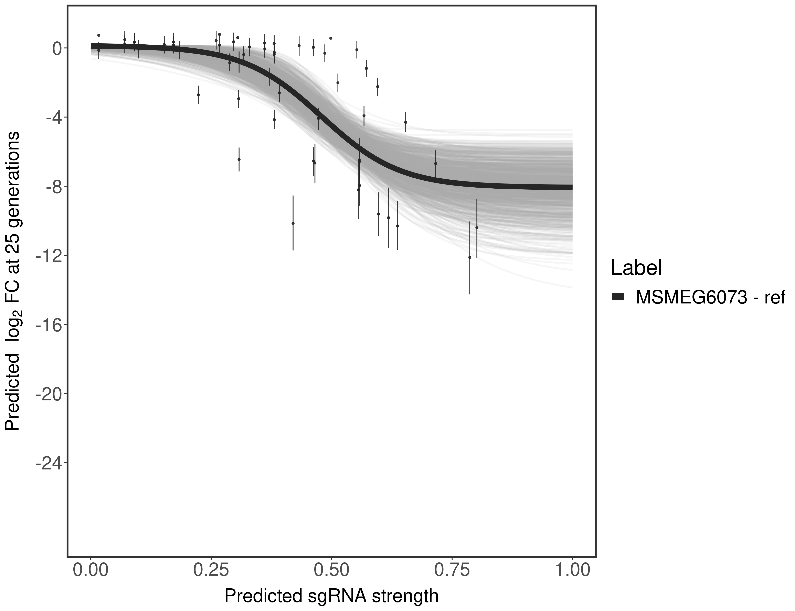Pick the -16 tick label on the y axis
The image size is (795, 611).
pos(49,325)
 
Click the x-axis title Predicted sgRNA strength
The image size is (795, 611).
pos(331,597)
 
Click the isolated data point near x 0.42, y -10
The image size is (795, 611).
pos(293,223)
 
